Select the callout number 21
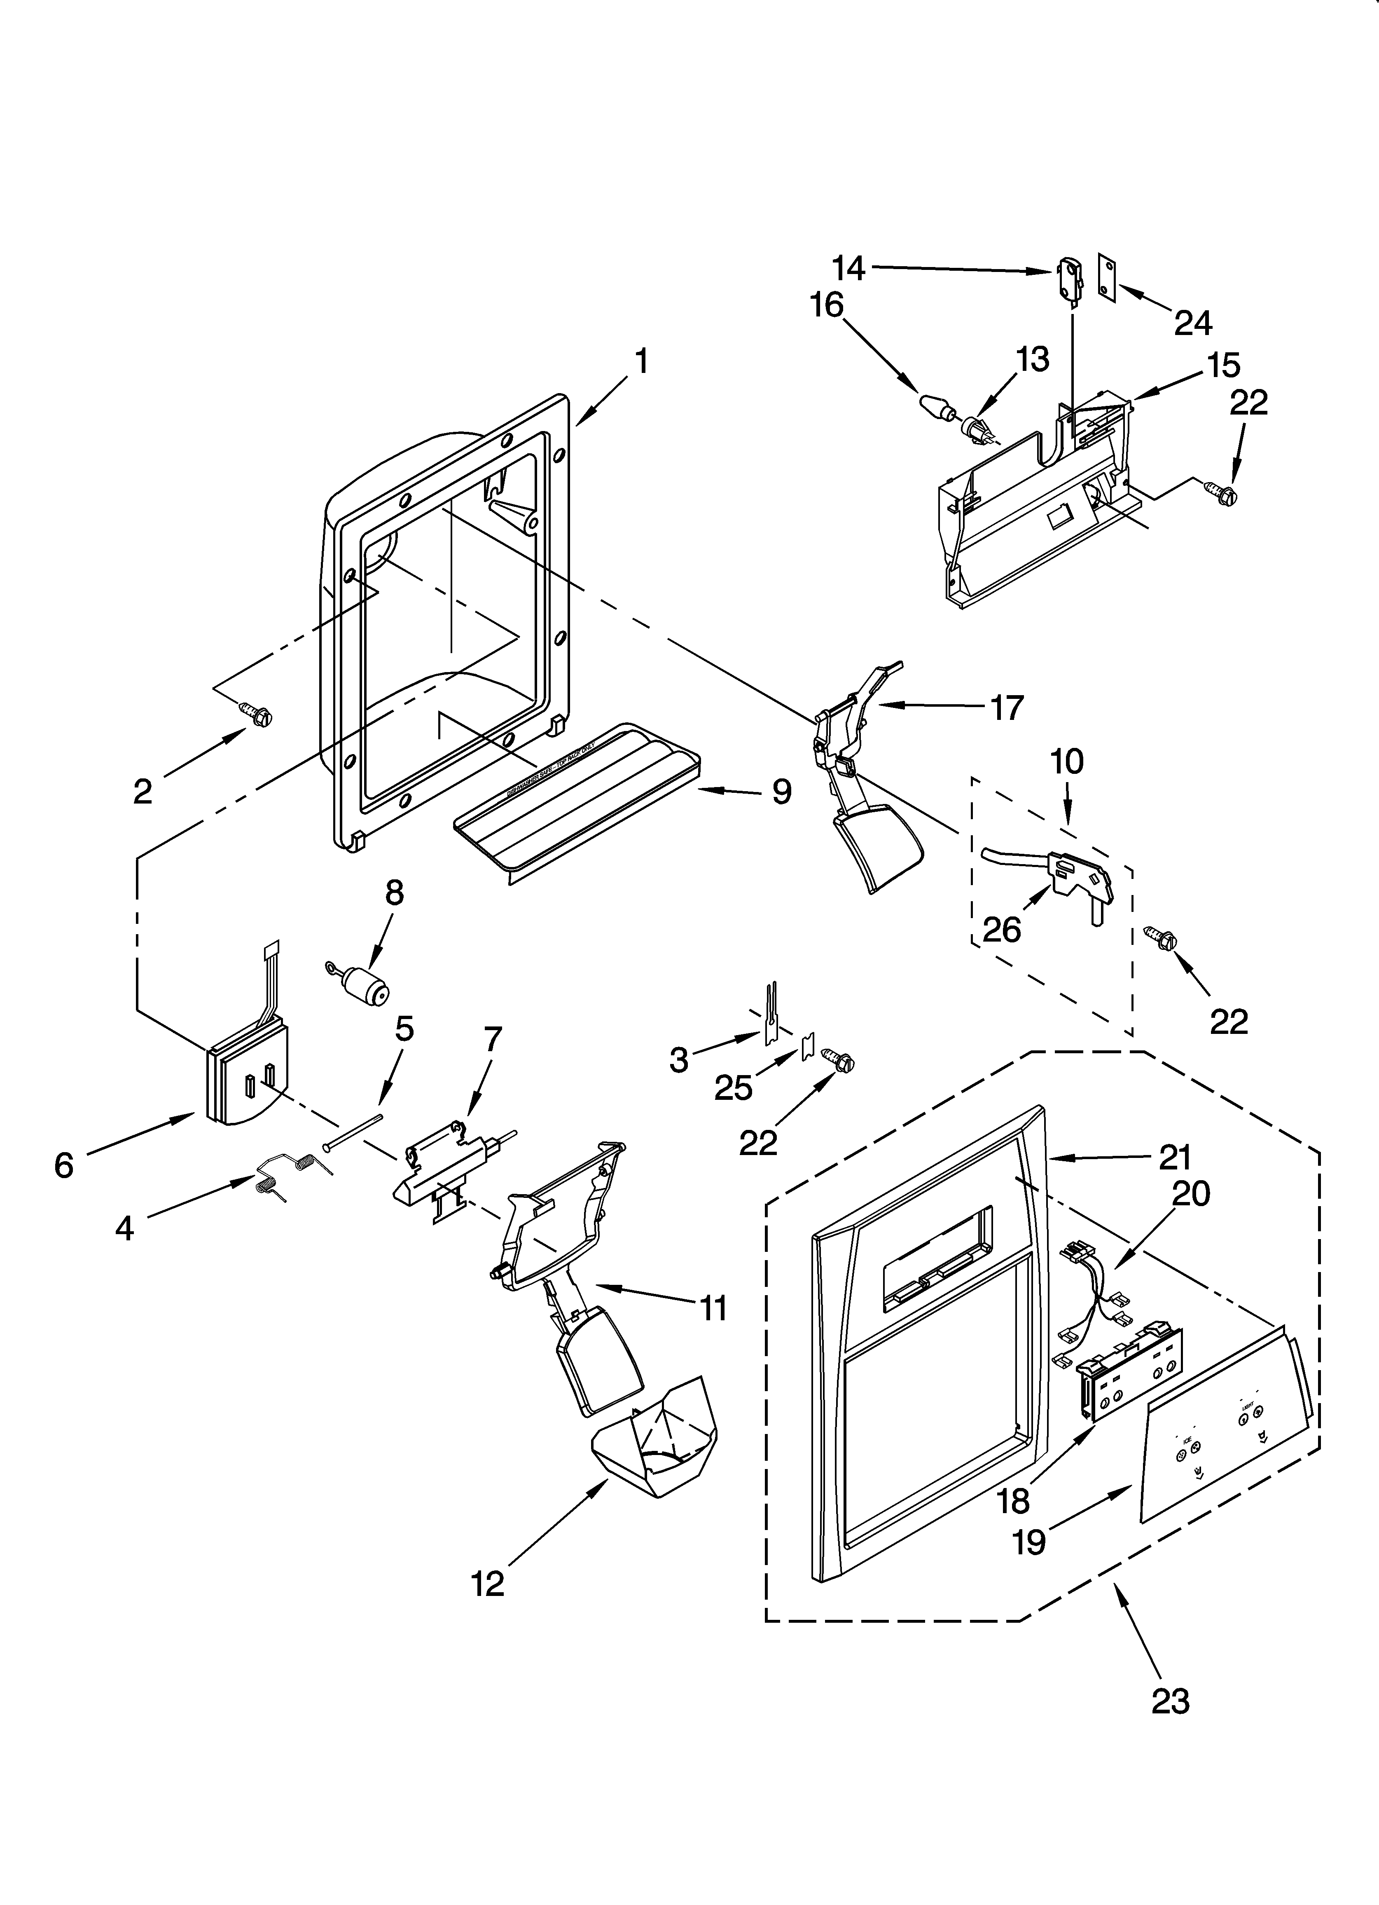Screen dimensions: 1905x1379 pos(1175,1158)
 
